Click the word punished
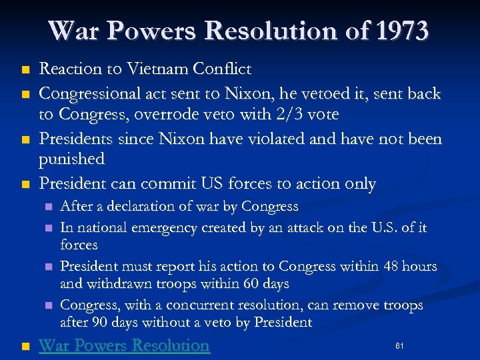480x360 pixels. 72,159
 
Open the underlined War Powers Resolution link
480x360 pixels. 124,345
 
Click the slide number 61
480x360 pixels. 399,346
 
